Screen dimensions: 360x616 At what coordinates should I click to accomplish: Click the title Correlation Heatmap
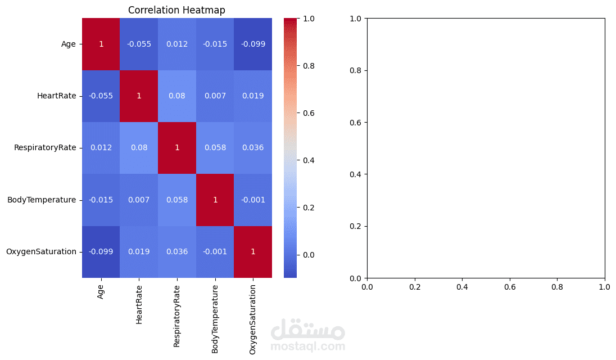coord(176,10)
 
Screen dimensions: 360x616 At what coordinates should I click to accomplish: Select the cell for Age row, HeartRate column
coord(139,44)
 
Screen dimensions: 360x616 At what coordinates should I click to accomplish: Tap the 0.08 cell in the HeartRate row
coord(176,96)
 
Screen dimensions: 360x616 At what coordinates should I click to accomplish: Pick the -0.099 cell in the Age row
coord(253,44)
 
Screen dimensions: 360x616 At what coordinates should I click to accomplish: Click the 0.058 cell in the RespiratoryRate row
coord(215,148)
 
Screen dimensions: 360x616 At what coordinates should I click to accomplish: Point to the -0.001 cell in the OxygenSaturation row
coord(215,251)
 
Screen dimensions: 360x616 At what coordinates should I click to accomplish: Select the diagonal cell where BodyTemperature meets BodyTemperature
coord(215,200)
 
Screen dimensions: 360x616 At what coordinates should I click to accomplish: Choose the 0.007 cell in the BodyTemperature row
coord(139,200)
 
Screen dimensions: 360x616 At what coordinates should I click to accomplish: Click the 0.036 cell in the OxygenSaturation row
coord(176,251)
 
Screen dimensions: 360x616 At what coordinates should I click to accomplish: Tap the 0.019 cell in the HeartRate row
coord(253,96)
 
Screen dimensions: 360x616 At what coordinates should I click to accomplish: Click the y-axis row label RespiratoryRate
coord(45,148)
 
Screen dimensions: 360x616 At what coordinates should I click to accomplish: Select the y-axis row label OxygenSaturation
coord(41,251)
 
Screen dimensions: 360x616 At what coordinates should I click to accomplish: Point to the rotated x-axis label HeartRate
coord(139,304)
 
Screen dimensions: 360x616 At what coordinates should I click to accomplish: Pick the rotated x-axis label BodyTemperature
coord(215,318)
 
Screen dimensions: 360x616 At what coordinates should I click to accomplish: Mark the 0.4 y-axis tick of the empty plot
coord(355,174)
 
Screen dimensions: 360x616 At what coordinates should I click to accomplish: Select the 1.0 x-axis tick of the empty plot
coord(605,287)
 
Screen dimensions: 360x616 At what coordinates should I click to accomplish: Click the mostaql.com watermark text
coord(307,346)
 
